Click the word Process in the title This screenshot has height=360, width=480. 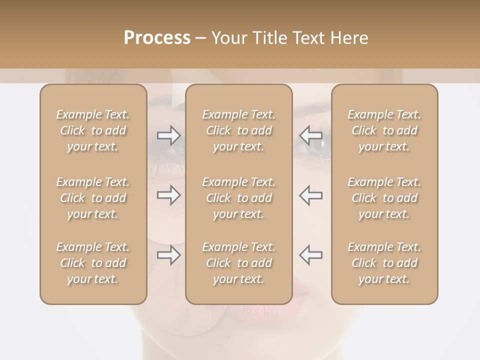(157, 38)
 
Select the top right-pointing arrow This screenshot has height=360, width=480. (168, 135)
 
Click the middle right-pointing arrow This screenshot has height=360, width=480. (168, 195)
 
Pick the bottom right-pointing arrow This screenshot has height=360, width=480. (168, 255)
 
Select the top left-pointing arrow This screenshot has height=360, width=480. (311, 135)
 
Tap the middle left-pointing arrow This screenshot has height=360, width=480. (311, 195)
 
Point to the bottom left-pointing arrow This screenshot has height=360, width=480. (311, 255)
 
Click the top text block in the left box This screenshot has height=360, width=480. (93, 130)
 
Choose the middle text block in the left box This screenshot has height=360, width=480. (93, 198)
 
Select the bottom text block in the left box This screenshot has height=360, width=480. (93, 263)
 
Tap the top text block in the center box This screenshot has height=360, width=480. (239, 130)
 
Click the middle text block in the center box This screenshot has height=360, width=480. (239, 198)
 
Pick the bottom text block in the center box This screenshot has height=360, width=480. (239, 263)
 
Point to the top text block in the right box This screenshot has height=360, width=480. (384, 130)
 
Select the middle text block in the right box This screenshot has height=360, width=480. (384, 198)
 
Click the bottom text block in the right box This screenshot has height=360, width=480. (384, 263)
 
